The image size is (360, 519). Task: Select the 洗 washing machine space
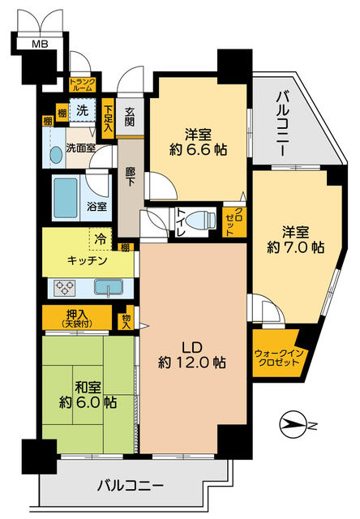82,109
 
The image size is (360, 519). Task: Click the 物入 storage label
126,319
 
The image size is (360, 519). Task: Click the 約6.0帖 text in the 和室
86,400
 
